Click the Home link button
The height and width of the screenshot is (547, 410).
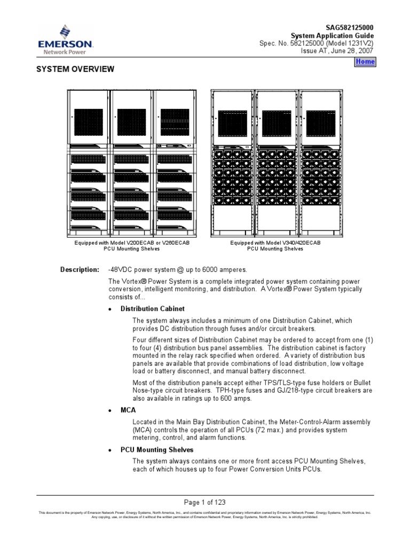(x=366, y=62)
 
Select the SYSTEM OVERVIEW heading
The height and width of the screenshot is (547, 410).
(x=75, y=69)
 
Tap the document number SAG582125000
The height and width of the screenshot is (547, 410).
(x=349, y=27)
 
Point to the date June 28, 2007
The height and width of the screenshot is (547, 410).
(x=353, y=51)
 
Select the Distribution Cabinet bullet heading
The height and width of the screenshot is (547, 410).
(x=153, y=309)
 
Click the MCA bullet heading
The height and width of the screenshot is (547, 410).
(x=128, y=410)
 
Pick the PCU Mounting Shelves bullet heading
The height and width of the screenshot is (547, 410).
(x=157, y=450)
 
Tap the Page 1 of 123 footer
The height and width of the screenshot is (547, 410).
(x=205, y=502)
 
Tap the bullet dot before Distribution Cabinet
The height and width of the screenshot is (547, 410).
(x=109, y=309)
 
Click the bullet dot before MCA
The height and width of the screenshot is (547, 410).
(x=109, y=410)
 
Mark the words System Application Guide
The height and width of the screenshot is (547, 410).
(x=336, y=35)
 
